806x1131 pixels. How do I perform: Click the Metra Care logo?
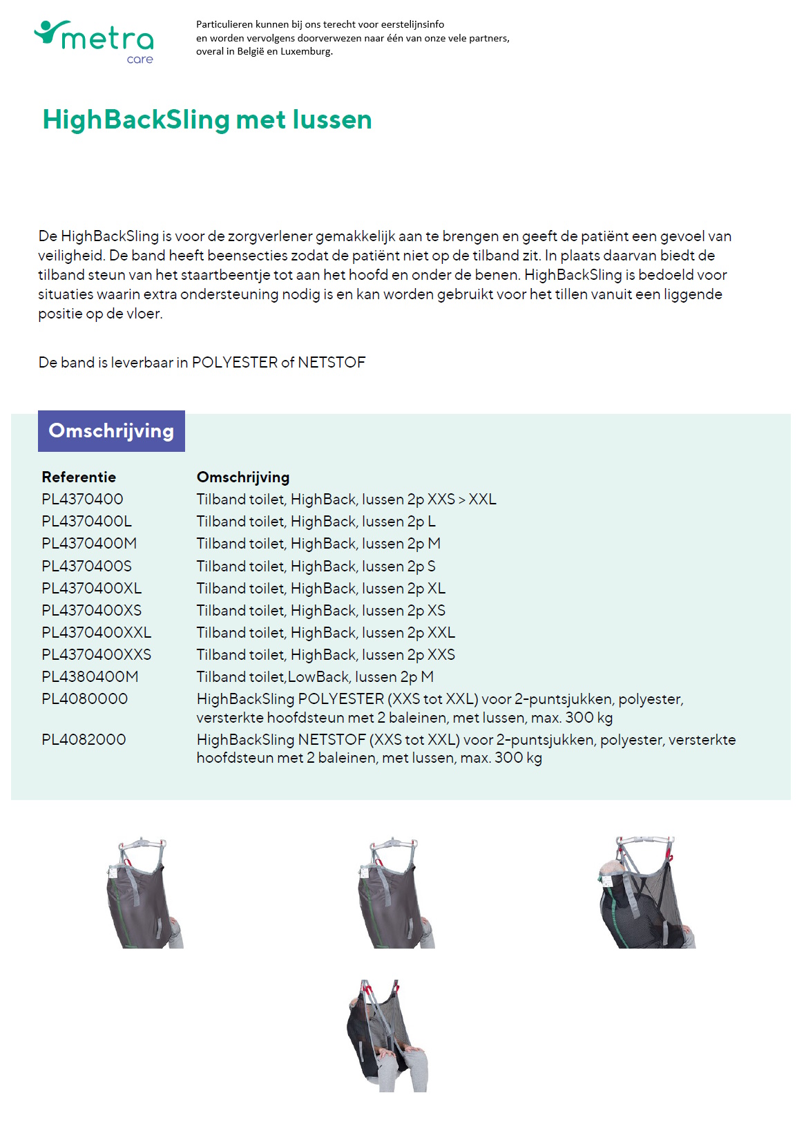95,41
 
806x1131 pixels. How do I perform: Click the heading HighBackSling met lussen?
207,120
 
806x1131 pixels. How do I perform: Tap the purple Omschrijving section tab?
111,431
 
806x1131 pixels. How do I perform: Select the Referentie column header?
79,477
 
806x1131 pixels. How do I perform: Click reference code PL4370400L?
86,521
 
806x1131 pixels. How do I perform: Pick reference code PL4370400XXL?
96,632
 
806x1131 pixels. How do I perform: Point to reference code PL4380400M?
90,676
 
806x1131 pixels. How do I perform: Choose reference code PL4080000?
84,698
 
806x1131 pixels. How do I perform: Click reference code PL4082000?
84,739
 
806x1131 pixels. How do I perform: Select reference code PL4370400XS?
91,610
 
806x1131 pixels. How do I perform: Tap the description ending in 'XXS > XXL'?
346,499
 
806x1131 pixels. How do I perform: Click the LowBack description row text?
315,676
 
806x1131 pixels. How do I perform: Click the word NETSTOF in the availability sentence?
332,363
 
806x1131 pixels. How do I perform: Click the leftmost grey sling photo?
144,893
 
